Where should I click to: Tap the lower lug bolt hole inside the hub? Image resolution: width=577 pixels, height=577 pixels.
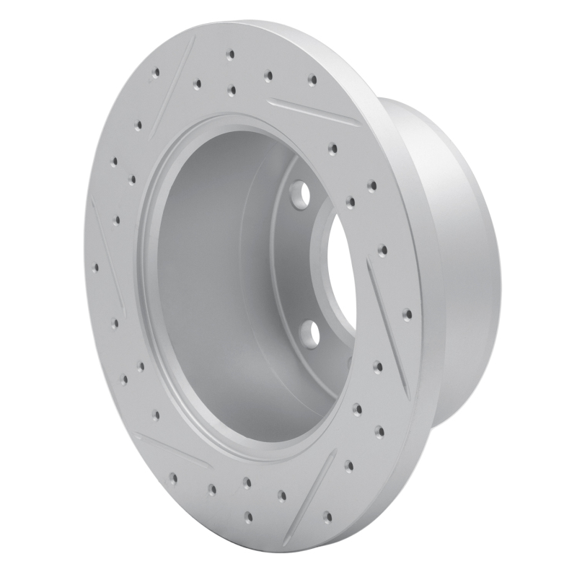311,332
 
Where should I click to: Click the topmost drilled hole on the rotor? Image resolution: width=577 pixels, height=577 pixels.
230,55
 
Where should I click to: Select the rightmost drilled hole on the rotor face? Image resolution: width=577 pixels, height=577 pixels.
408,314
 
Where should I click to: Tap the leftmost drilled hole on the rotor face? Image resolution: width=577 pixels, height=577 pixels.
95,268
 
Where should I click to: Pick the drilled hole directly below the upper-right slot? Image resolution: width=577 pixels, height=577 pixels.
332,149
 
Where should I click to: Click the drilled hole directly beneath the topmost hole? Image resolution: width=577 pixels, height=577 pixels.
231,91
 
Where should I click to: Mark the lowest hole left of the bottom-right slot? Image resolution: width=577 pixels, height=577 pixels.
248,516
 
